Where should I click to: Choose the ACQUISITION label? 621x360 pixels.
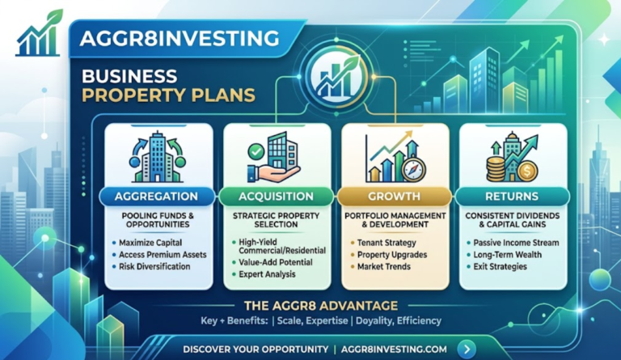[277, 197]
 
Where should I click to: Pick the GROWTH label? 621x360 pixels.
[394, 197]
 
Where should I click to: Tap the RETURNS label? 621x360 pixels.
[512, 197]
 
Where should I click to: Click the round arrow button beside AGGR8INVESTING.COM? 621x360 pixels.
[466, 349]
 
